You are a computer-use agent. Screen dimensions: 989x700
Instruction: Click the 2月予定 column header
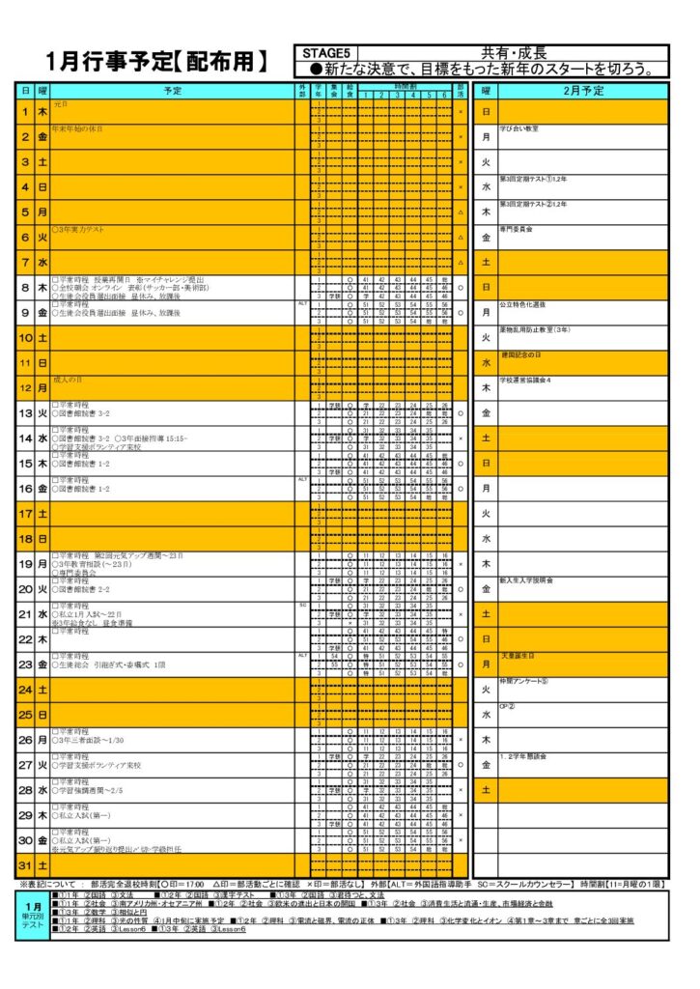click(583, 90)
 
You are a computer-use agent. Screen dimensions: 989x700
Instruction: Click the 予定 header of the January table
click(172, 90)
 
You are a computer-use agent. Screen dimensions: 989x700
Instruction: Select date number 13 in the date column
click(26, 413)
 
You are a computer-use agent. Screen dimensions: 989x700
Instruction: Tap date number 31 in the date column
click(26, 864)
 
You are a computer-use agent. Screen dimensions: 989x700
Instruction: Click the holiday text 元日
click(61, 103)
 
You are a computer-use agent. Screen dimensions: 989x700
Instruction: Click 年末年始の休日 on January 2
click(77, 128)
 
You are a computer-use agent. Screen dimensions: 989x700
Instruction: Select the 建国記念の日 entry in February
click(520, 354)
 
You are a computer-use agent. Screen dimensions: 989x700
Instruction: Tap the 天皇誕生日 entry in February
click(518, 656)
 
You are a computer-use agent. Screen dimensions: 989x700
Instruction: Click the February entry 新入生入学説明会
click(526, 580)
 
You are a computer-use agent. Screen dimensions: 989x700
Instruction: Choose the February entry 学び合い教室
click(518, 128)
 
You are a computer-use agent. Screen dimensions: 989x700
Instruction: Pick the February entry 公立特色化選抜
click(522, 304)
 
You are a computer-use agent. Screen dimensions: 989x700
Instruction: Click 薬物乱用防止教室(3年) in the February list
click(534, 329)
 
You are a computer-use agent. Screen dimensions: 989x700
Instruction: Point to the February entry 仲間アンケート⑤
click(523, 681)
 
